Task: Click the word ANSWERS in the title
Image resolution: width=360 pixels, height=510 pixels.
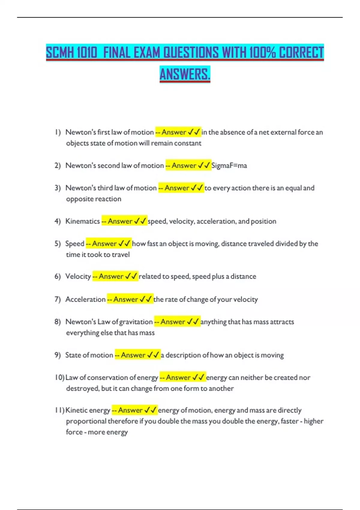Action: click(x=185, y=74)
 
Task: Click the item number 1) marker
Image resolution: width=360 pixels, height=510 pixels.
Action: click(x=58, y=132)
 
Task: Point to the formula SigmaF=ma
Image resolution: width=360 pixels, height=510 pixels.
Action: click(x=229, y=166)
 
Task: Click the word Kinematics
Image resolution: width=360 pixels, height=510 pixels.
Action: click(x=82, y=221)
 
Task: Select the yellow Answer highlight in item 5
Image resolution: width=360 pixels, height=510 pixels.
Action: click(x=108, y=244)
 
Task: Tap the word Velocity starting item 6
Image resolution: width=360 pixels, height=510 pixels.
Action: click(x=78, y=276)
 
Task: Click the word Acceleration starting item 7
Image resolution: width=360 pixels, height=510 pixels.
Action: click(x=85, y=299)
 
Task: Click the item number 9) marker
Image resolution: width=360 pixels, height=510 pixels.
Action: click(x=58, y=355)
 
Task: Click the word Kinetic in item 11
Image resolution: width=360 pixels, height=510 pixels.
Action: click(x=76, y=410)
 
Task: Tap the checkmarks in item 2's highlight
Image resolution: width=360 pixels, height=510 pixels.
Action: click(x=204, y=166)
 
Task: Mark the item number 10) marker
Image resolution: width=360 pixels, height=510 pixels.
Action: click(x=59, y=377)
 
